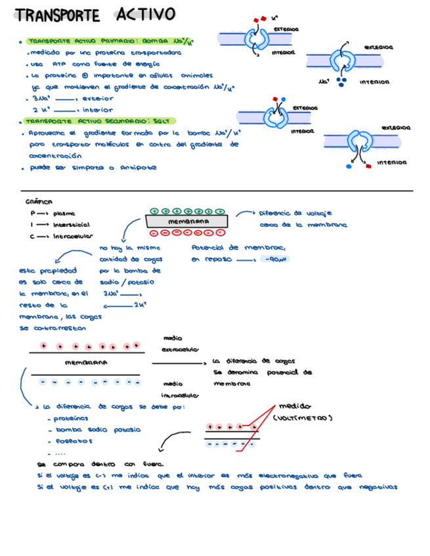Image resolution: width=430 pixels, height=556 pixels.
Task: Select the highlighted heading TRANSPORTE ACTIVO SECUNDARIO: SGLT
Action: coord(95,121)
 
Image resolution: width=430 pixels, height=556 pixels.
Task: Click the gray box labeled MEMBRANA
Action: coord(188,222)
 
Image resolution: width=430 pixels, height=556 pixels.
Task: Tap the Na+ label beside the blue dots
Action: coord(322,82)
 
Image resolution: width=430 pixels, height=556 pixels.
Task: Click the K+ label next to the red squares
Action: coord(274,19)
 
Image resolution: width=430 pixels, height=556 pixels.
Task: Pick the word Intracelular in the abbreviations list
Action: coord(73,236)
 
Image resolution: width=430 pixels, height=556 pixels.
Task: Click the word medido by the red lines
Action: coord(295,406)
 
